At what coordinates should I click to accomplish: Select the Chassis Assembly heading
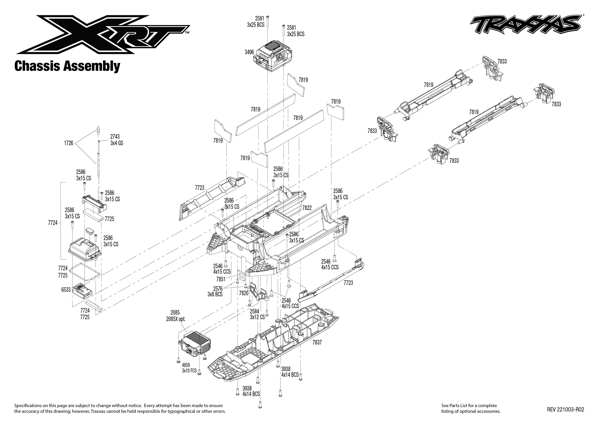[67, 66]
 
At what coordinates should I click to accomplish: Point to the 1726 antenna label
[69, 143]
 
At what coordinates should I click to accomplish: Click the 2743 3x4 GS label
[116, 140]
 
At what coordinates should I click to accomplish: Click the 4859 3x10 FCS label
[189, 368]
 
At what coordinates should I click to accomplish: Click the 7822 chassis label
[307, 208]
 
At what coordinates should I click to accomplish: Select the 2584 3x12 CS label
[257, 314]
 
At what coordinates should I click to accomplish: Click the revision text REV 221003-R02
[565, 410]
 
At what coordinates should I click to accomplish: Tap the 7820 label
[243, 293]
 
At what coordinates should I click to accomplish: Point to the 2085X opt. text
[176, 319]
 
